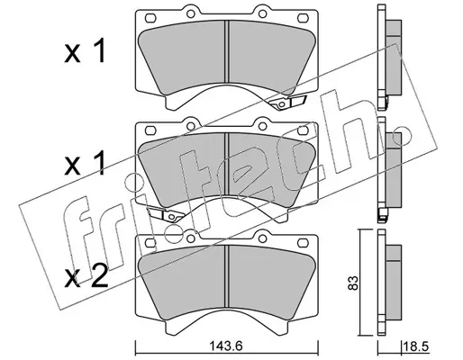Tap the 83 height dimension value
(x=353, y=283)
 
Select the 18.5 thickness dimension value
(x=417, y=347)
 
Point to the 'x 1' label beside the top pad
(x=86, y=51)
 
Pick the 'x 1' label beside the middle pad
(x=86, y=163)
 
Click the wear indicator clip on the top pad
(x=287, y=103)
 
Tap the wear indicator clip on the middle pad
(x=165, y=214)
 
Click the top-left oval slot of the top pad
(x=150, y=18)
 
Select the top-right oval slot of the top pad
(x=303, y=18)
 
